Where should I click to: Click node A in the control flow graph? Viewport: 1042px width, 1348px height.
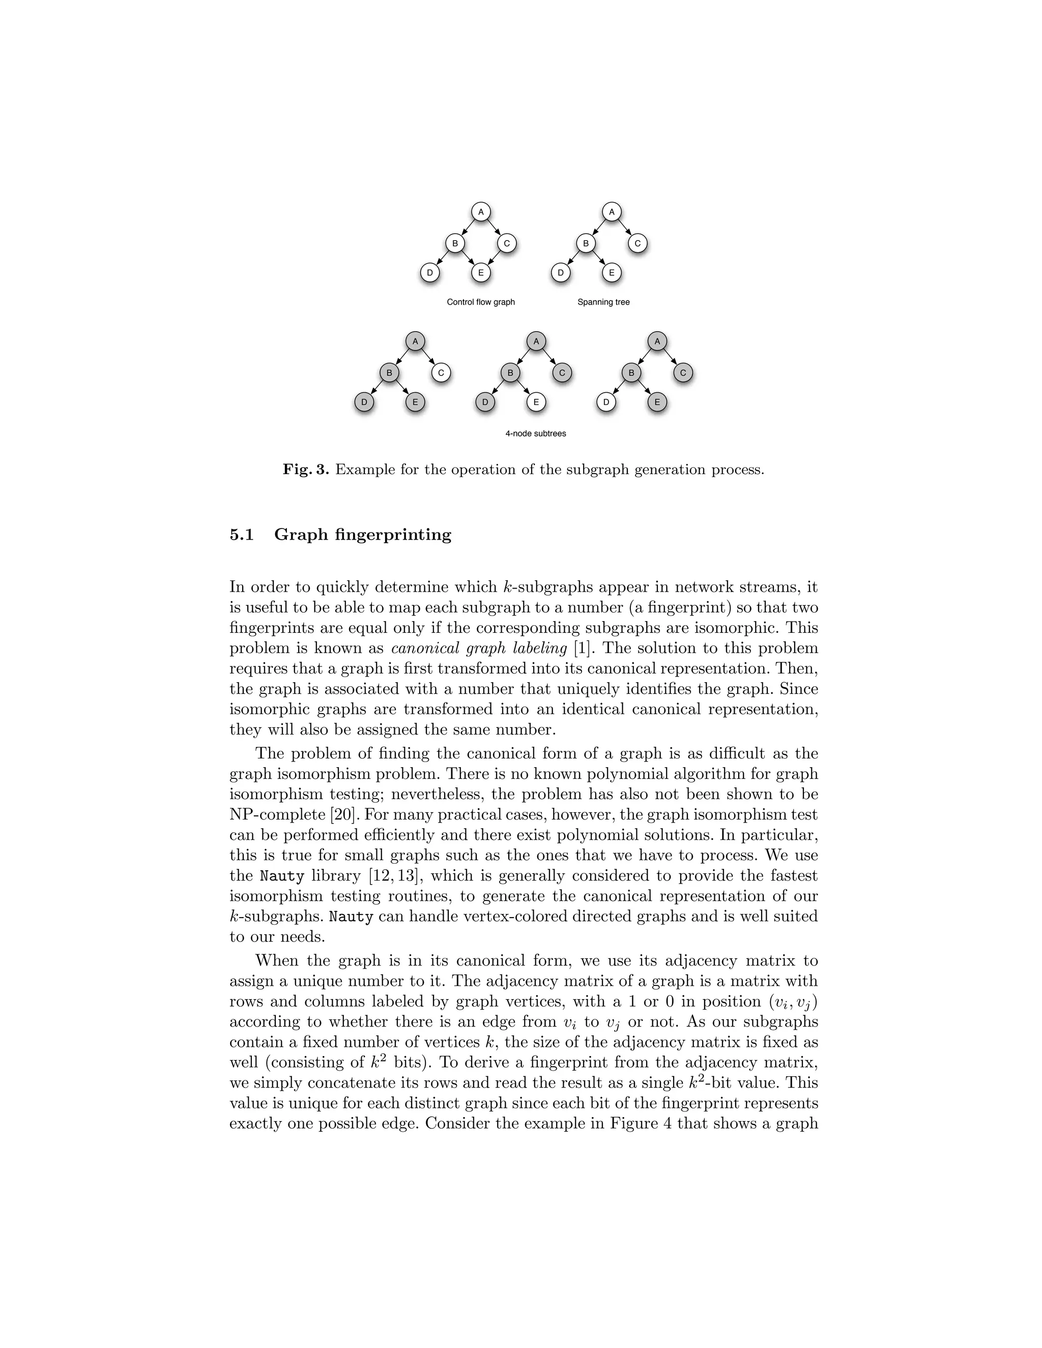click(480, 212)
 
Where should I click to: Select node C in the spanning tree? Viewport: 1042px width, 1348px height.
click(637, 244)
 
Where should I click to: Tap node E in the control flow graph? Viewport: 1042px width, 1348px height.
click(480, 272)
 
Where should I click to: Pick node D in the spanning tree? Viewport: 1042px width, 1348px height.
click(561, 272)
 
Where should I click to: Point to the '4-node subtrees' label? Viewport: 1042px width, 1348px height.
click(535, 433)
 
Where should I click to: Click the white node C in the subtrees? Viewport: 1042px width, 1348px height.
click(441, 373)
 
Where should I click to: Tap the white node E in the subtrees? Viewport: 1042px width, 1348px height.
click(536, 402)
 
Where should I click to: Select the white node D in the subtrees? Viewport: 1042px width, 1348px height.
click(606, 402)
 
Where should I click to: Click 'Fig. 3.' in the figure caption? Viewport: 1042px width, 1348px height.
click(306, 470)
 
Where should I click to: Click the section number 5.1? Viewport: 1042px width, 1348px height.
click(242, 535)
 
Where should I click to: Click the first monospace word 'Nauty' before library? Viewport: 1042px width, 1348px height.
click(282, 876)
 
